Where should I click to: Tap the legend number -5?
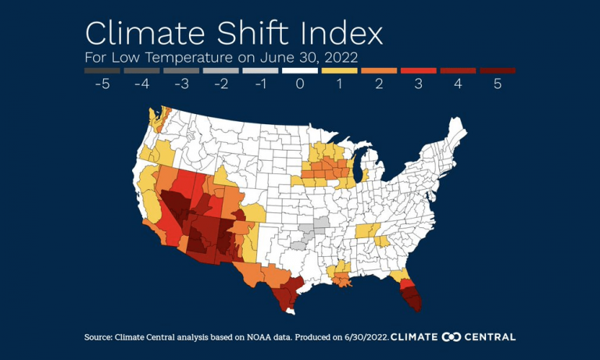pos(102,84)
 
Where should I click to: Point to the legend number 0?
pos(299,84)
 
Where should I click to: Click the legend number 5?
pos(497,84)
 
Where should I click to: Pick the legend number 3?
pos(418,84)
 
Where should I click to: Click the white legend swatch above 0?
pos(299,70)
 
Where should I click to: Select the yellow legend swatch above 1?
pos(339,70)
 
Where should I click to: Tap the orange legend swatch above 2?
pos(379,70)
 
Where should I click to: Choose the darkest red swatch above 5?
pos(497,70)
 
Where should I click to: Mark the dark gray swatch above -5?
pos(102,70)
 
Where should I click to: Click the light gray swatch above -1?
pos(260,70)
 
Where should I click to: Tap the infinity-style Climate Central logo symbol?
pos(452,337)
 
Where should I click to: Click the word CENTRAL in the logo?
pos(491,337)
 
